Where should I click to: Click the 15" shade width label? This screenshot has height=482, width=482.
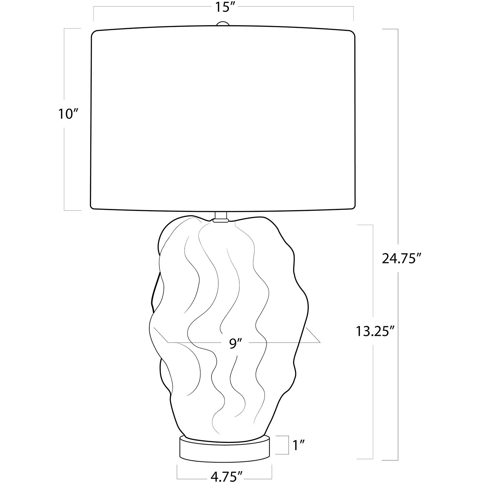tap(223, 7)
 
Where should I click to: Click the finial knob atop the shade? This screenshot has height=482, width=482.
tap(222, 24)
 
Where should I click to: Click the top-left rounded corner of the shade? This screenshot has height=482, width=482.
tap(95, 33)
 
